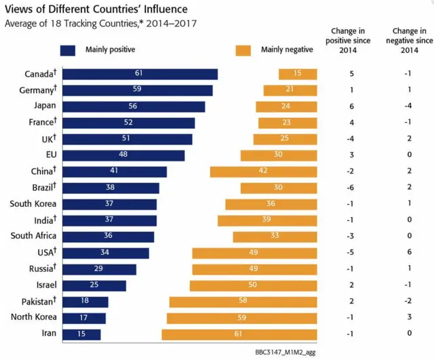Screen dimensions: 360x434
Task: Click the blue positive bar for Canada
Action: pos(139,74)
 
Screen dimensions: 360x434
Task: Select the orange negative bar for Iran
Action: pos(239,334)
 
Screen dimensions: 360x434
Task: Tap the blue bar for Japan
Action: pos(133,106)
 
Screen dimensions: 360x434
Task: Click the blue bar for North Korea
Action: pos(83,318)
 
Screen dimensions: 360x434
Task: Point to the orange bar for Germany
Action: pos(291,90)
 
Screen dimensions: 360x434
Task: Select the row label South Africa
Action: pos(34,236)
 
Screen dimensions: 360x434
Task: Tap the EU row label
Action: pos(47,155)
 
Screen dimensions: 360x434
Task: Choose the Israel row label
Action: pos(43,285)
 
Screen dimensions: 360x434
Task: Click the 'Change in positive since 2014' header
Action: pos(347,40)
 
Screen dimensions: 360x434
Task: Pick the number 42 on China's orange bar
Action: pos(263,172)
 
